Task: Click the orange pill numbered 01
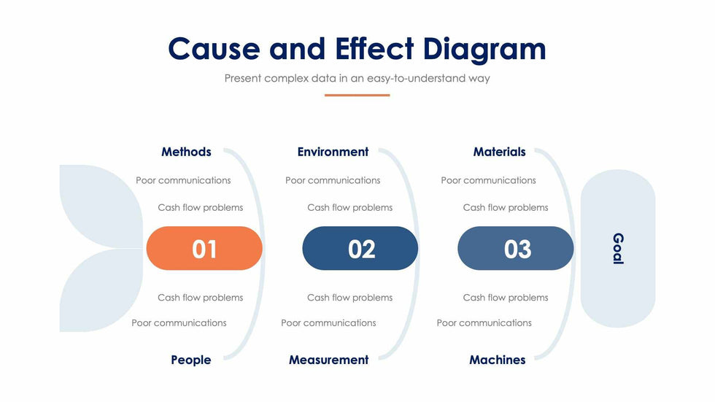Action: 204,248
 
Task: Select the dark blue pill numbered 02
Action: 360,248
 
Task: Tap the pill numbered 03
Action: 516,248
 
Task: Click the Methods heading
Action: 186,152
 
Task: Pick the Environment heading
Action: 333,152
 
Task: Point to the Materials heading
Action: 499,152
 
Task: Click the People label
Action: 191,360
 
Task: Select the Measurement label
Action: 329,360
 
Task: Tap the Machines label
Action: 498,360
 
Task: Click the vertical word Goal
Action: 618,248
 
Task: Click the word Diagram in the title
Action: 484,49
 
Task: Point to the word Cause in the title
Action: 214,49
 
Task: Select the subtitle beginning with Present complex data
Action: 357,78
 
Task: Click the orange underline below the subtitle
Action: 357,96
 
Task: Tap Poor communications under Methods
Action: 183,180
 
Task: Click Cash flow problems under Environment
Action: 349,208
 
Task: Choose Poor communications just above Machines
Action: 484,323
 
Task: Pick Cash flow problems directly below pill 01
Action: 200,298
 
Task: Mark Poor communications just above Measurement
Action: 328,323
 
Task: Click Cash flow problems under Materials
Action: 505,208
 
